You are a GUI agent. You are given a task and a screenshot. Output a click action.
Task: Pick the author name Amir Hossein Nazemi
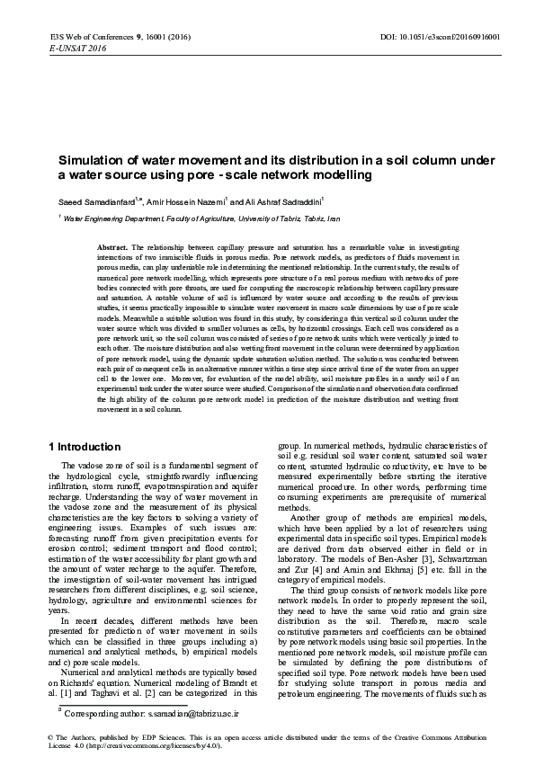[x=188, y=200]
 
